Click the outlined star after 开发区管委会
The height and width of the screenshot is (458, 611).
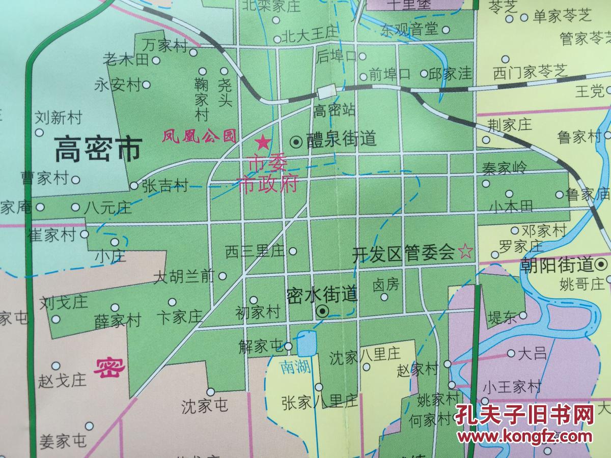click(x=465, y=251)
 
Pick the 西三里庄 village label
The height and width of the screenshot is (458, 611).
click(x=255, y=251)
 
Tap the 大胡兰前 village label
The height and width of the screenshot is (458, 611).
click(x=184, y=276)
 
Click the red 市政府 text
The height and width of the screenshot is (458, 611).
click(x=268, y=184)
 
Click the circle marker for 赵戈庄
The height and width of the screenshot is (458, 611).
click(x=57, y=366)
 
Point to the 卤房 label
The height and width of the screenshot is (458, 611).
click(x=386, y=284)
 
